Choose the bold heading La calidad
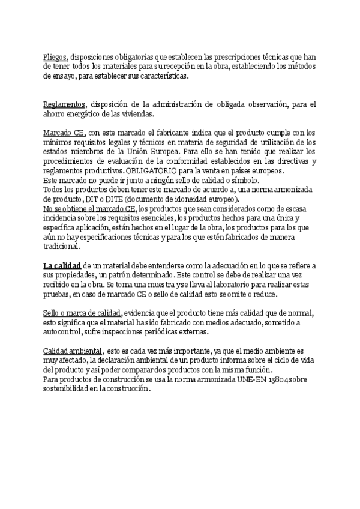62,265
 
